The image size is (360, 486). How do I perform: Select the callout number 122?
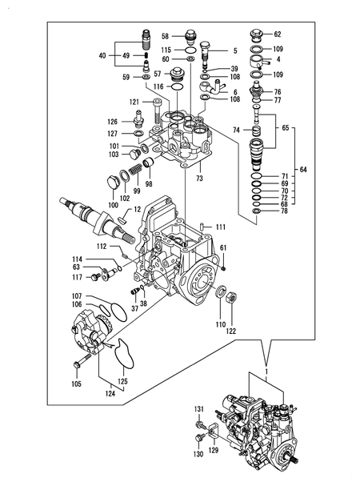[x=230, y=331]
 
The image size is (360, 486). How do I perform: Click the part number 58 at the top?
[x=164, y=37]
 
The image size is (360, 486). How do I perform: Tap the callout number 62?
[x=278, y=34]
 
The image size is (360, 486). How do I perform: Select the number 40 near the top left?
[x=102, y=55]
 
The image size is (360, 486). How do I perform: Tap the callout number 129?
[x=213, y=451]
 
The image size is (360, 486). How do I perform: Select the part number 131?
[x=200, y=409]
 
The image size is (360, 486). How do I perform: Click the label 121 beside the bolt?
[x=134, y=102]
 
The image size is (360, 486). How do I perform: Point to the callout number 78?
[x=284, y=212]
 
